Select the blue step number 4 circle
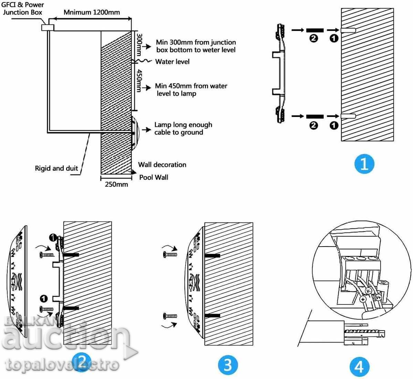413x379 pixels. click(359, 367)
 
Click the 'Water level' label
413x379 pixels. click(172, 62)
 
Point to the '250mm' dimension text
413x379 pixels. click(116, 184)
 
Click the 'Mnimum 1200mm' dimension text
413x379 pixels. click(92, 12)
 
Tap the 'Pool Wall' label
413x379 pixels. click(153, 177)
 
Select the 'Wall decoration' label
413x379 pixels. click(162, 165)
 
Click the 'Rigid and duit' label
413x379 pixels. click(56, 169)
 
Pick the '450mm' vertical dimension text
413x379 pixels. click(139, 80)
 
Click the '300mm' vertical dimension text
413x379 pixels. click(139, 44)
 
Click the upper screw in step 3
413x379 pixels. click(170, 255)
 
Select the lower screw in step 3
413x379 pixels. click(170, 316)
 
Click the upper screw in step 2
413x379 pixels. click(47, 255)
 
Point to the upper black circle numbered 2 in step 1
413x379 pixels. click(314, 39)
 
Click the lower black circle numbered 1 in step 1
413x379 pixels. click(334, 125)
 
